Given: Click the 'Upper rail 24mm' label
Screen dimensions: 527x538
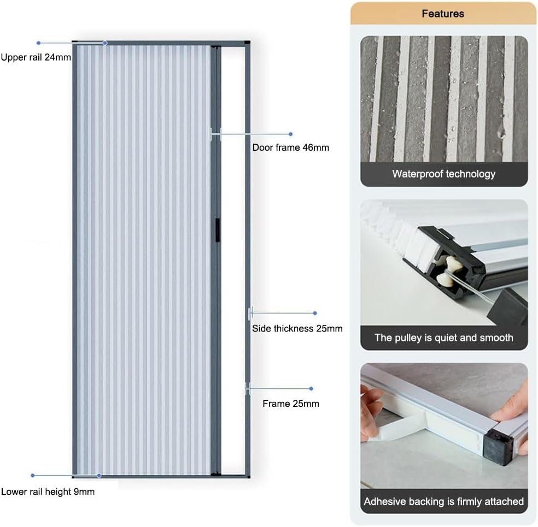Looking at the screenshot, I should (x=36, y=57).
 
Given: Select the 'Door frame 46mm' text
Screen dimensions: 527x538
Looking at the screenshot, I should (x=290, y=147).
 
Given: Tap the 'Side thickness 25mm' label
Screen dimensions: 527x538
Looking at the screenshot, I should (x=297, y=328).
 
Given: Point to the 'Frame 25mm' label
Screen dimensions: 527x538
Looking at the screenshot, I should (x=290, y=404).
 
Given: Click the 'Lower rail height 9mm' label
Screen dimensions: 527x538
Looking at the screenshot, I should (x=48, y=492).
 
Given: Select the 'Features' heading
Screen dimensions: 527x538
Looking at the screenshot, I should (x=443, y=14).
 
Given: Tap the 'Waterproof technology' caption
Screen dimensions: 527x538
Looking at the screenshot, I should (x=443, y=174).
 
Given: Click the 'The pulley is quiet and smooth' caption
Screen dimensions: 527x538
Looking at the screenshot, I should (x=443, y=337).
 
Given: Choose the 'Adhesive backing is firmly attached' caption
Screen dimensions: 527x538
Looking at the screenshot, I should (x=443, y=501).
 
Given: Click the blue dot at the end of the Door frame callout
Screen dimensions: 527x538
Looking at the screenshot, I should (x=290, y=134).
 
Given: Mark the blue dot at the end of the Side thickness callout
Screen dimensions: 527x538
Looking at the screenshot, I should (x=315, y=313).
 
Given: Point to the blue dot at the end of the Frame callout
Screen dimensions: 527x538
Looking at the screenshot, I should (x=311, y=389).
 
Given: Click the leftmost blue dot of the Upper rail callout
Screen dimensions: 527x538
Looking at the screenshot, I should (x=38, y=43).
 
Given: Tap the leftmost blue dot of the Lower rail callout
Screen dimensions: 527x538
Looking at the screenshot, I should (x=33, y=475).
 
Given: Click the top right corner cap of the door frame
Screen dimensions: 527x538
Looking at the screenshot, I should (x=247, y=43).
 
